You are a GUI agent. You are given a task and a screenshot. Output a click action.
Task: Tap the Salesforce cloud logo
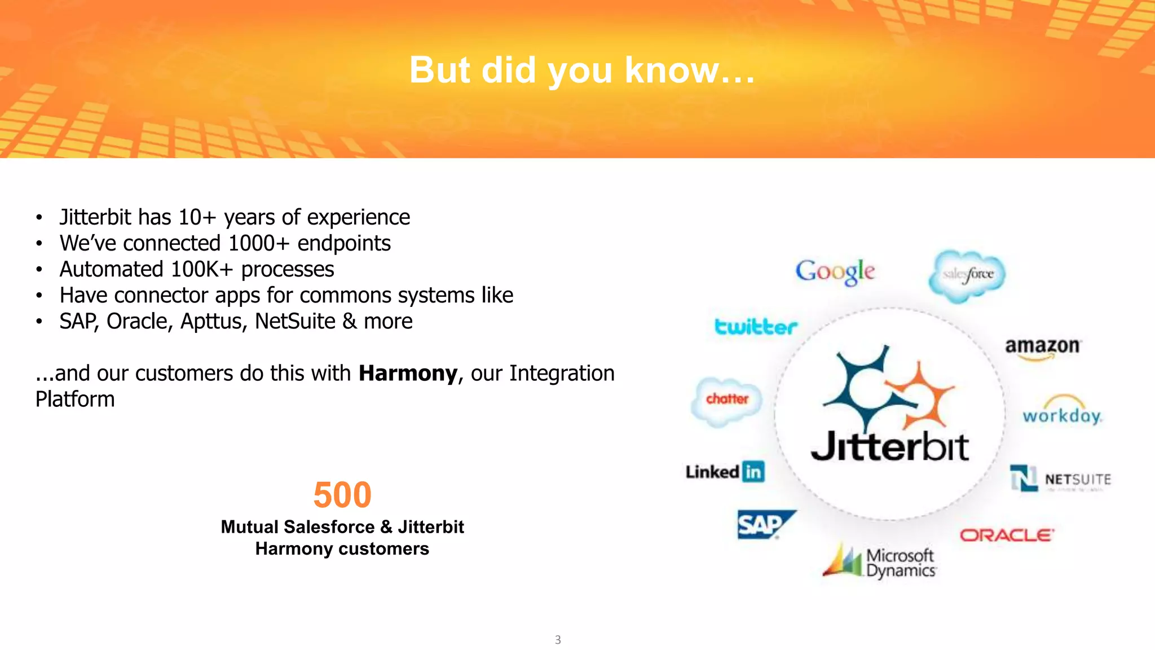tap(968, 275)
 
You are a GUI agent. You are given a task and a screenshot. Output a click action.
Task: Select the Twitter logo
tap(756, 326)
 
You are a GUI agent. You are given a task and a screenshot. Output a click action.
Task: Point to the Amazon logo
tap(1042, 346)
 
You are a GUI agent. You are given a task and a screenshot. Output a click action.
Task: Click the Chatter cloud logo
tap(726, 399)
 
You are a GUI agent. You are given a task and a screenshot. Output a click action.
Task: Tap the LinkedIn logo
tap(725, 471)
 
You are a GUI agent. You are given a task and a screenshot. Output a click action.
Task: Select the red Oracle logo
tap(1007, 535)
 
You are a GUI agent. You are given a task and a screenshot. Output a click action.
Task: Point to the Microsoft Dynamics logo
tap(880, 562)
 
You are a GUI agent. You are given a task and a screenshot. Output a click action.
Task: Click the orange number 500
tap(342, 495)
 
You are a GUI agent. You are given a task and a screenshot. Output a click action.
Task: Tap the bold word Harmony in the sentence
tap(408, 374)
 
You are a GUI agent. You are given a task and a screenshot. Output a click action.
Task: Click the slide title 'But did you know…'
tap(581, 70)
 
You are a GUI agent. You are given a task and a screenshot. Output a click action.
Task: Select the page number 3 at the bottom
tap(558, 639)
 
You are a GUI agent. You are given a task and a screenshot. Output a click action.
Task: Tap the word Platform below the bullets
tap(75, 399)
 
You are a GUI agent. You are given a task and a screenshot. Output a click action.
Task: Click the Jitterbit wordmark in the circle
tap(889, 447)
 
